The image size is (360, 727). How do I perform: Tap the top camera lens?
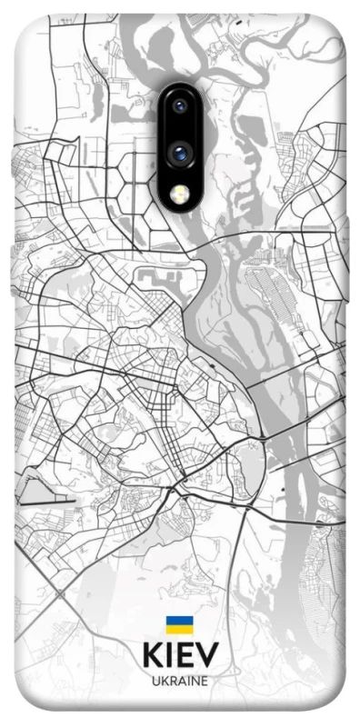[x=180, y=107]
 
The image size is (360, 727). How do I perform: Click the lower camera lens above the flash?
[x=180, y=154]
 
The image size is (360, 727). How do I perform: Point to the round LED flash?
[x=180, y=193]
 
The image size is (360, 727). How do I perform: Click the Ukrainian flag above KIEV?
[x=178, y=626]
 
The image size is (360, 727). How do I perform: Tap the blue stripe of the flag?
[x=178, y=622]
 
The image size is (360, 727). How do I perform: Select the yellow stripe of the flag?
[x=178, y=631]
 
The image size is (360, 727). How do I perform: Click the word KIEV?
[x=179, y=656]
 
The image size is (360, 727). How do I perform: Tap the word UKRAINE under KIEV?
[x=179, y=681]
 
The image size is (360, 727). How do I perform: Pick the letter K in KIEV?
[x=152, y=656]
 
